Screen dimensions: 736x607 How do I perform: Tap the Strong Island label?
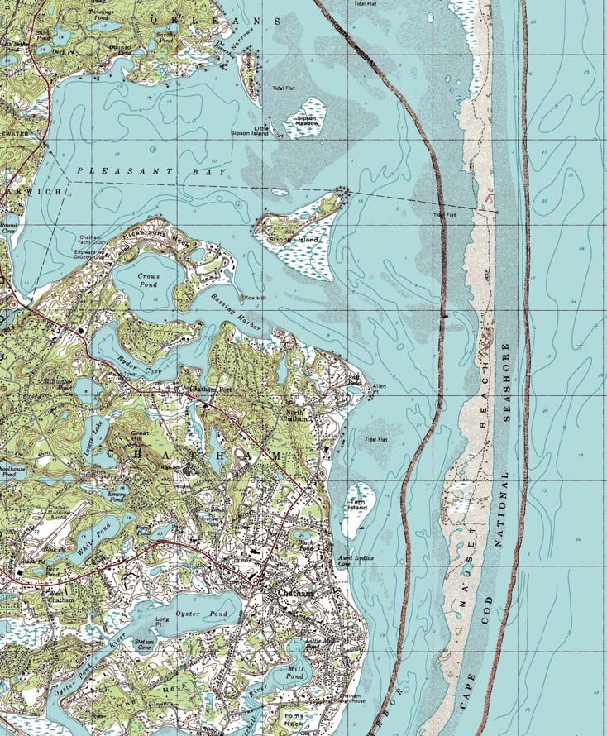(x=293, y=240)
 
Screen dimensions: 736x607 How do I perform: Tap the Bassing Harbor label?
(x=236, y=312)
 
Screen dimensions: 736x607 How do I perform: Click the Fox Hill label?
(x=254, y=298)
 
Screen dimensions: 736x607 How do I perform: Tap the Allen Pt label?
(x=380, y=387)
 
